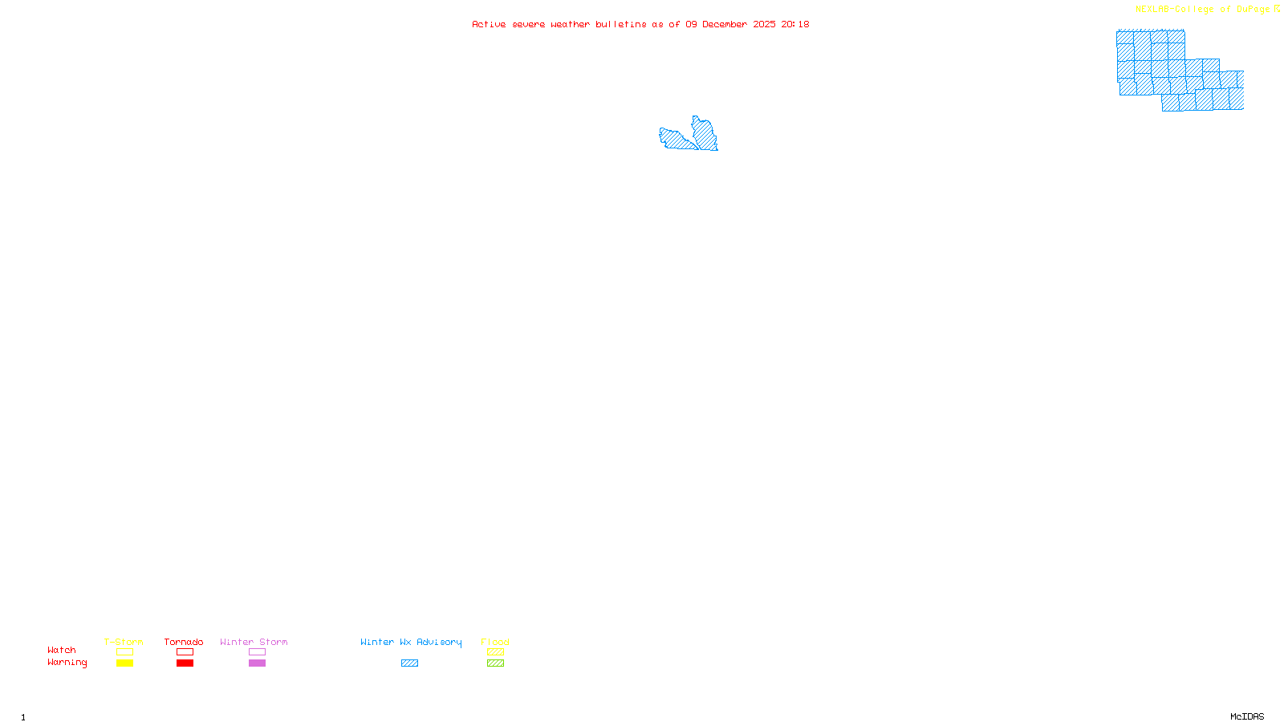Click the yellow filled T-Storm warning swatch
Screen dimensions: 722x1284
[124, 663]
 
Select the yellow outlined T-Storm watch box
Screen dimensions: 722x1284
[124, 652]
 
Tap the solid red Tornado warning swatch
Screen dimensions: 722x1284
[185, 663]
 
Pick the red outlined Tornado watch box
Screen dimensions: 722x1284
[185, 652]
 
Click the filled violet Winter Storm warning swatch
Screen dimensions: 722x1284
[257, 663]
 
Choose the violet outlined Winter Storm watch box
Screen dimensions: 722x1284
[257, 652]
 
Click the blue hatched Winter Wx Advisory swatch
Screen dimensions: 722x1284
[409, 663]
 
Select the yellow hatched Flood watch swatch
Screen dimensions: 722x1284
[495, 652]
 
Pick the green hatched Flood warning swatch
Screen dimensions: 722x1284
[495, 663]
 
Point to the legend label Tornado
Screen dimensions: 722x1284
[184, 642]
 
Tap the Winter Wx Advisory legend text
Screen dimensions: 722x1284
[411, 642]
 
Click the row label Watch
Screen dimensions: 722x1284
[62, 650]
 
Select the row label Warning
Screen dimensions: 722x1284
[67, 663]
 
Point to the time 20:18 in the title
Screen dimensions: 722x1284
[795, 24]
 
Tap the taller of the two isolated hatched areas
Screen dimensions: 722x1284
[705, 134]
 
